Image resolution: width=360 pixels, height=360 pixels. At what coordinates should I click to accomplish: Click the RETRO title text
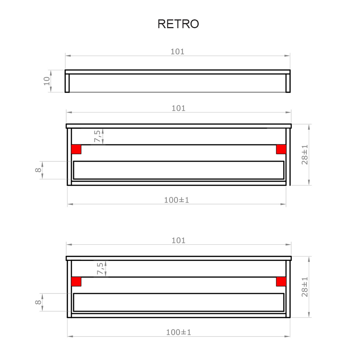[178, 24]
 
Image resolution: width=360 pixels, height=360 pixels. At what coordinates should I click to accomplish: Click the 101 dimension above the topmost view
[177, 52]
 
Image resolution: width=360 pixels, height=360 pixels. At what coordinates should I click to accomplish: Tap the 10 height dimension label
[46, 81]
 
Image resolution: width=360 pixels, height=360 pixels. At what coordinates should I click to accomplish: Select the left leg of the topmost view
[67, 83]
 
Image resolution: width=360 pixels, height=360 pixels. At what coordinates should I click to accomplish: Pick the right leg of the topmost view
[288, 83]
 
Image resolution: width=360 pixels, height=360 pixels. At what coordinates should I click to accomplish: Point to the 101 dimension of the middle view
[179, 108]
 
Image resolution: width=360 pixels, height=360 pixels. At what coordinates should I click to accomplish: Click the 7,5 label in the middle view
[98, 136]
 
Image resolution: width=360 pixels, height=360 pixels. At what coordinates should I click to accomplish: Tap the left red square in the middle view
[76, 149]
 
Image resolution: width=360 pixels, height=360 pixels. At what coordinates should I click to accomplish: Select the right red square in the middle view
[281, 149]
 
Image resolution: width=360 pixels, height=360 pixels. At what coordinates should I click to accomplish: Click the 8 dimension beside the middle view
[38, 170]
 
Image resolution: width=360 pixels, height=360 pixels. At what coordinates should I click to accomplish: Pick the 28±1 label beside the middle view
[305, 154]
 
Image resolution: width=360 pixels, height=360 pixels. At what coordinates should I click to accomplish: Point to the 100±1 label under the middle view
[176, 200]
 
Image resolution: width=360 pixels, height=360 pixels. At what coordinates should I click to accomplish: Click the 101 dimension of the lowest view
[179, 240]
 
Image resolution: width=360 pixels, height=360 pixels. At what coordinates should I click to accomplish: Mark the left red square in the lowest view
[76, 281]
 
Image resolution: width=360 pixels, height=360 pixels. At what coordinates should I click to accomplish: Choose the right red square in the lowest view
[281, 281]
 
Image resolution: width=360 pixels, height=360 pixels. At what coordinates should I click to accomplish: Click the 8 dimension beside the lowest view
[38, 302]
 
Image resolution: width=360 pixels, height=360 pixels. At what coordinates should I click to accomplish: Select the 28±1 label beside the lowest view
[305, 286]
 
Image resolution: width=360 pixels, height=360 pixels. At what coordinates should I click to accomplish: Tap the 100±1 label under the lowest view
[179, 332]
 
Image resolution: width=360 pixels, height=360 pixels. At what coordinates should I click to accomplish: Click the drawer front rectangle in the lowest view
[179, 302]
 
